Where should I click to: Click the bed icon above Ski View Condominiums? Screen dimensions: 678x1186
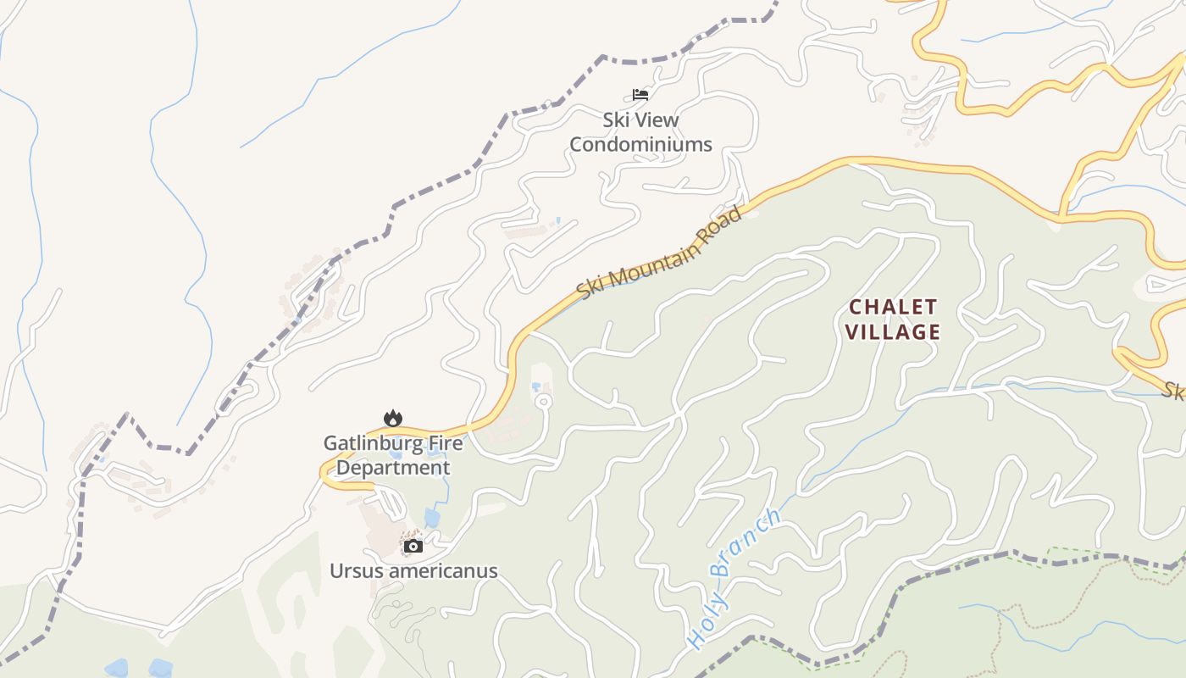640,94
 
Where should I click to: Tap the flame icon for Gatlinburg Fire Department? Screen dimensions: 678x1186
392,418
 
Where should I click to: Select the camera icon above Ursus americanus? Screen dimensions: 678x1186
413,546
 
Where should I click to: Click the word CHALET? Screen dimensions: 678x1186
894,306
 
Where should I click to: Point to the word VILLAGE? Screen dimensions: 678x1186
894,331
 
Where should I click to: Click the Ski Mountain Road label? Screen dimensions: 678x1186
659,251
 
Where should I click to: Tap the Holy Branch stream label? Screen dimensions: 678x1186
733,578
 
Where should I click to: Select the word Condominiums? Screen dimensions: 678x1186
640,144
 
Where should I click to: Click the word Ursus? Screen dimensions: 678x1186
356,570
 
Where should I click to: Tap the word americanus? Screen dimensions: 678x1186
442,570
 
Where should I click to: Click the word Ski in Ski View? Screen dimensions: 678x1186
616,119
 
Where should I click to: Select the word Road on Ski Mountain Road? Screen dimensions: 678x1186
723,219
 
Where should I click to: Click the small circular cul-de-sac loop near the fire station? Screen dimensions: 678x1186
544,401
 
